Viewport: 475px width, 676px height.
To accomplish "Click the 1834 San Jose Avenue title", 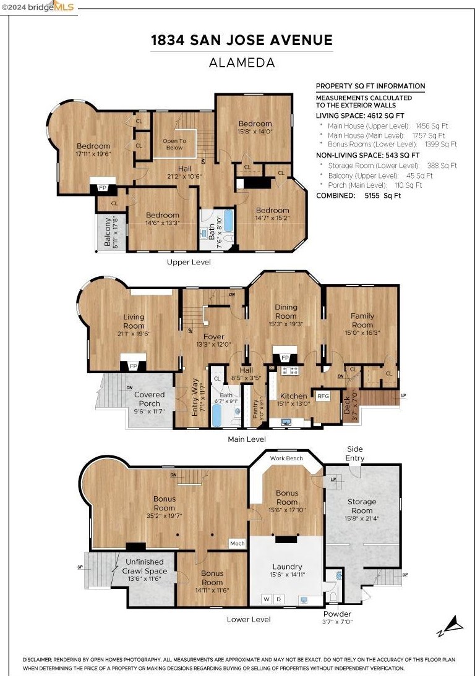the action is [242, 40].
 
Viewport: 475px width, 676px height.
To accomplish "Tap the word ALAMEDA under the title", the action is [242, 62].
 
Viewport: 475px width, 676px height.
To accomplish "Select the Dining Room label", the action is [286, 311].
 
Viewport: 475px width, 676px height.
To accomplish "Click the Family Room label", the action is [362, 320].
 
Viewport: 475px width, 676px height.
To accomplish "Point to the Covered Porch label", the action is [149, 399].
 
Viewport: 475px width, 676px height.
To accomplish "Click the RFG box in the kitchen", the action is [323, 396].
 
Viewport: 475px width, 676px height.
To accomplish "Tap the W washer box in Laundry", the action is [267, 599].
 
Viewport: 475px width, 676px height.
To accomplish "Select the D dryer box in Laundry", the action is [278, 599].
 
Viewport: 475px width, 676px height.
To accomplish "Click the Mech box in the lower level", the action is [237, 543].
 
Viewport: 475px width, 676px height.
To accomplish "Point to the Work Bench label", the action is [286, 458].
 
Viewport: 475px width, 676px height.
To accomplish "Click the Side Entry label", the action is [354, 454].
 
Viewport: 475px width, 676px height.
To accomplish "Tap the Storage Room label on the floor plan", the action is [362, 505].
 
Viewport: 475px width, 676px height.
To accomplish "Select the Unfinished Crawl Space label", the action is [145, 566].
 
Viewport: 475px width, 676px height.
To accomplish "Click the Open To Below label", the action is [174, 144].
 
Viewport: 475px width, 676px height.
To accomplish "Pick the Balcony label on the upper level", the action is [108, 232].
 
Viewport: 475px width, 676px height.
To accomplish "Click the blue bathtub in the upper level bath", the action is [228, 221].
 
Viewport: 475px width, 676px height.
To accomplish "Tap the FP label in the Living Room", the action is [134, 366].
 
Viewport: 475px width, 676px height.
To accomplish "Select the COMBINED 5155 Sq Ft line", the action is [359, 195].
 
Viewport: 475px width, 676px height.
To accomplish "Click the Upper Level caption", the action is [189, 262].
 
